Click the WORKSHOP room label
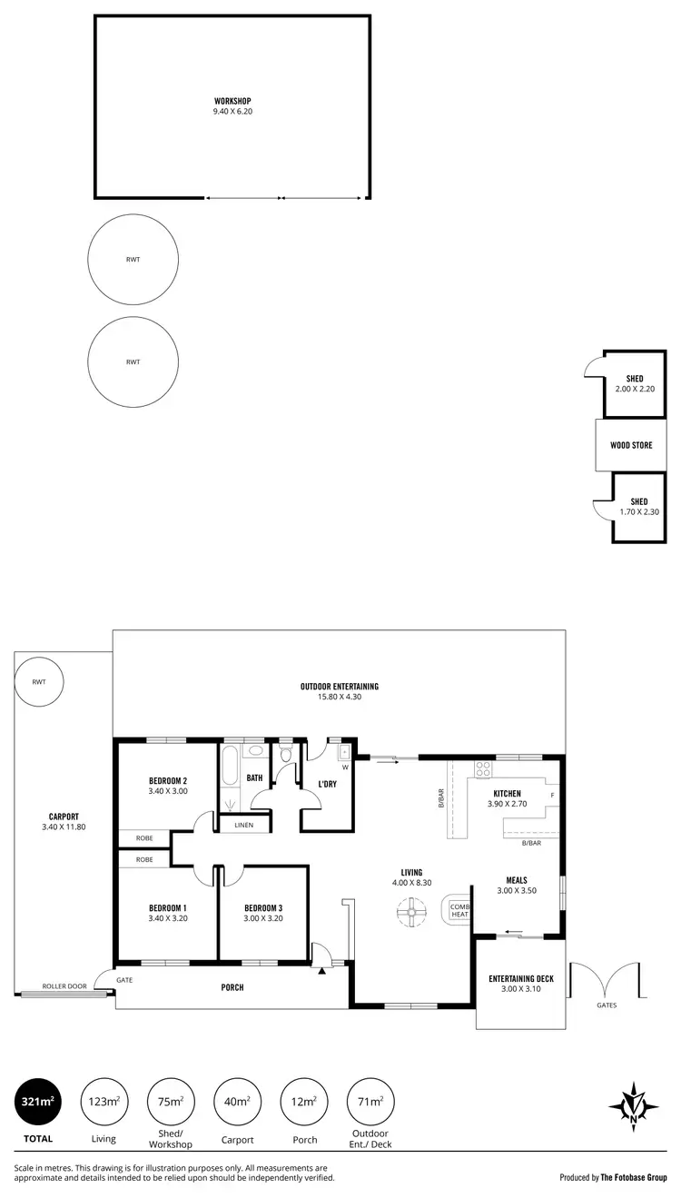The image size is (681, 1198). [x=232, y=101]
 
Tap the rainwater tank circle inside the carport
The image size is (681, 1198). [x=38, y=681]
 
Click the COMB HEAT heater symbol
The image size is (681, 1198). [x=458, y=910]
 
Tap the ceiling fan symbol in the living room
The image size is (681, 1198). [x=411, y=913]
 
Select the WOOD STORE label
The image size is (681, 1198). [x=633, y=445]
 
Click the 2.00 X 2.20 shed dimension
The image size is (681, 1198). [x=635, y=389]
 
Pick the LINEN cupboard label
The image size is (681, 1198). [x=243, y=825]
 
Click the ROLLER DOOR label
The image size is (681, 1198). [x=64, y=985]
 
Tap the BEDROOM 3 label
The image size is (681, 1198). [x=263, y=907]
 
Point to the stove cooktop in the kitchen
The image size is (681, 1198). [x=483, y=769]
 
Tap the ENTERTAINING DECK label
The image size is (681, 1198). [x=520, y=977]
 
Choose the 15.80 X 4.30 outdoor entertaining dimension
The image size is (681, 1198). [x=339, y=697]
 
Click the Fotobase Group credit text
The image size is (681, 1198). [x=613, y=1176]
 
